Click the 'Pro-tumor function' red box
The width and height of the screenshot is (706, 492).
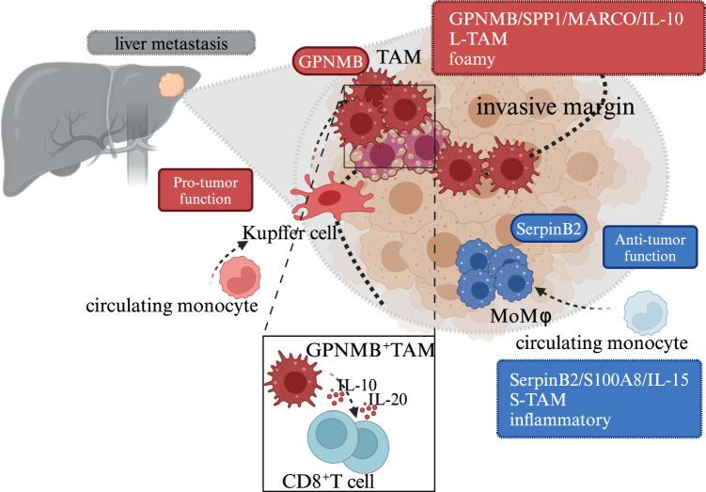tap(206, 186)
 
